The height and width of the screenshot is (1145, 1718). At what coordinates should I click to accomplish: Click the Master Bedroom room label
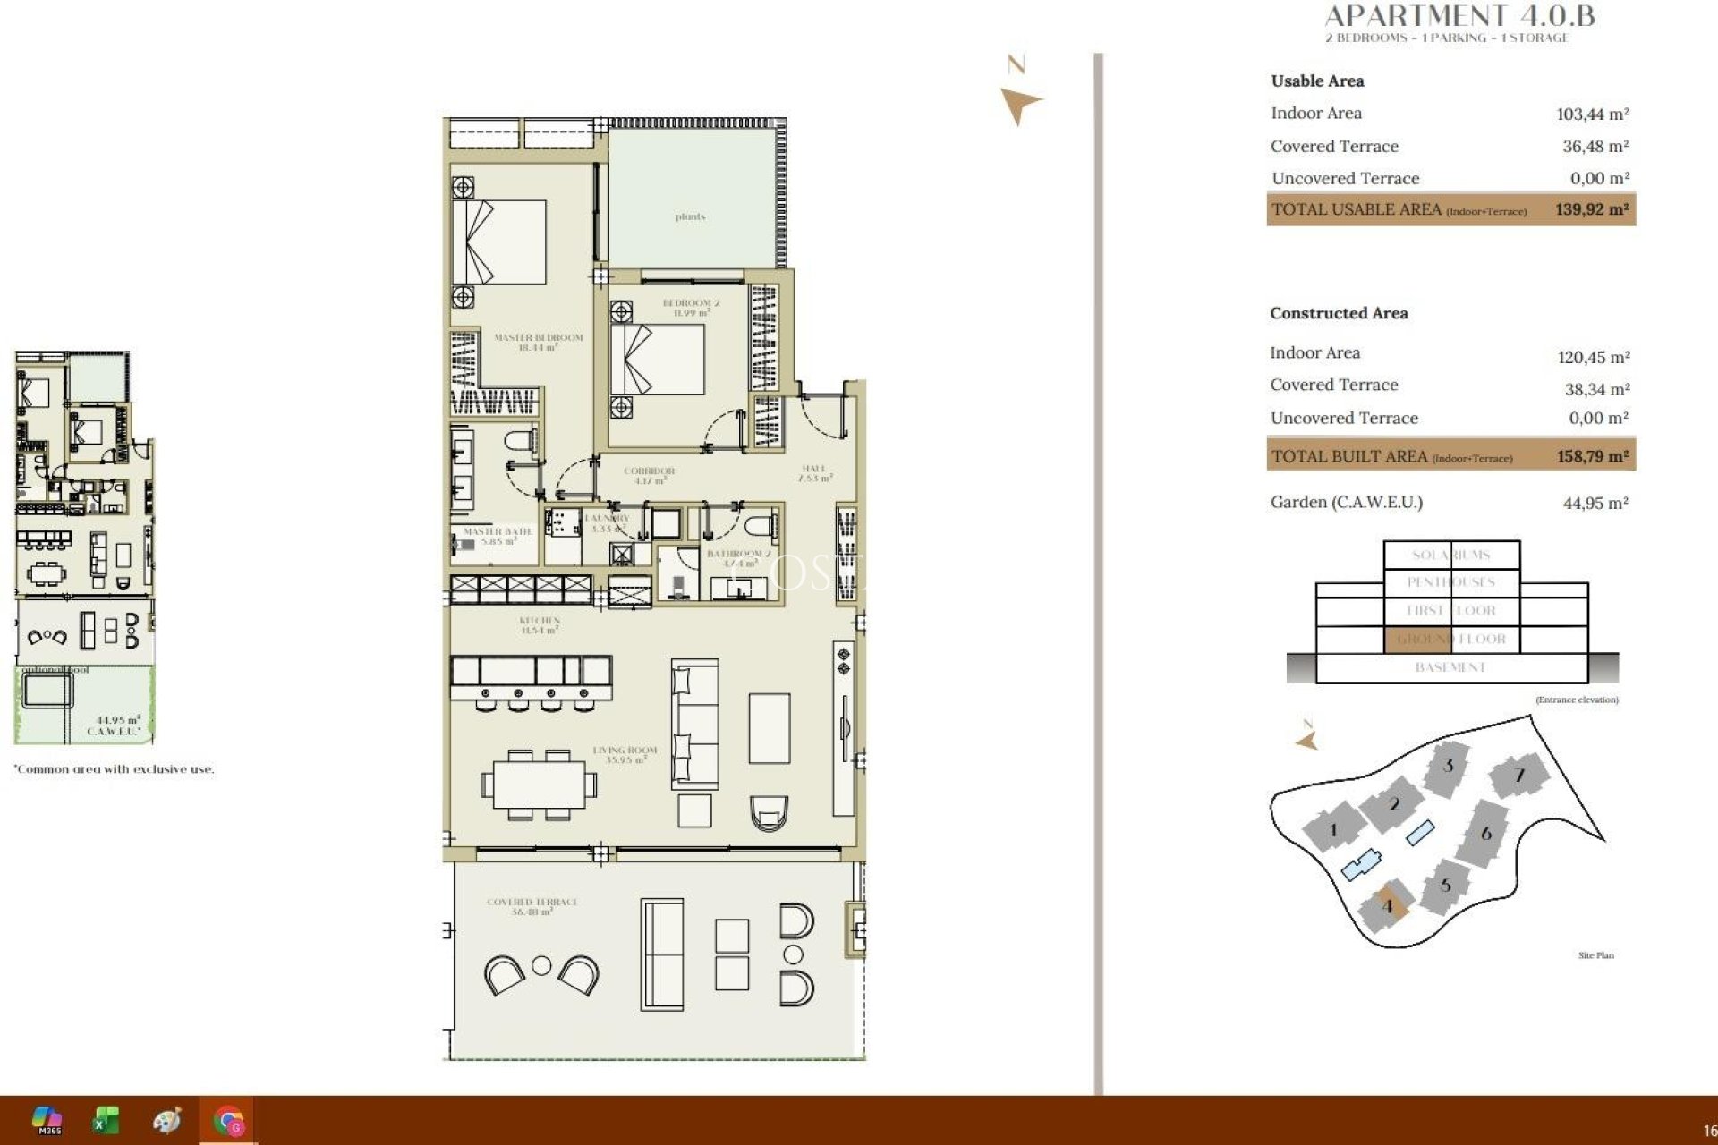[x=538, y=342]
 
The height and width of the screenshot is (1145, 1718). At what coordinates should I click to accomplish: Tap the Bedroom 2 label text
[x=691, y=308]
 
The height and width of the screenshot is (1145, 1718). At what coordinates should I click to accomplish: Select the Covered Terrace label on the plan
[x=532, y=906]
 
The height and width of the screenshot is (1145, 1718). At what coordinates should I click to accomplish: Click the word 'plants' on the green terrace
[x=690, y=216]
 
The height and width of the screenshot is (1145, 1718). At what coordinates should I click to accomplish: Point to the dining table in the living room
[x=539, y=785]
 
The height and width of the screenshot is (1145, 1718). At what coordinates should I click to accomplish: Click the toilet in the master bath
[x=521, y=442]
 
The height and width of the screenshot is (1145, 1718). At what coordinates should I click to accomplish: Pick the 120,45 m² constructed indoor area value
[x=1593, y=357]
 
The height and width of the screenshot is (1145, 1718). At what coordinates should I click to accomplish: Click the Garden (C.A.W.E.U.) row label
[x=1346, y=502]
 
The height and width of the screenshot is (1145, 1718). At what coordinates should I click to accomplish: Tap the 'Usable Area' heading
[x=1317, y=81]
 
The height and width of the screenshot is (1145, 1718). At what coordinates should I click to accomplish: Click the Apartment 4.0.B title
[x=1459, y=16]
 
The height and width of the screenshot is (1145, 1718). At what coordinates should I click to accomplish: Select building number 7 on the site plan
[x=1518, y=775]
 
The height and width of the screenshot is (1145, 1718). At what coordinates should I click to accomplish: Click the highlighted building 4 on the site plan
[x=1388, y=905]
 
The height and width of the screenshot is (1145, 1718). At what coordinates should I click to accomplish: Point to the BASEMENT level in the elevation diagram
[x=1450, y=667]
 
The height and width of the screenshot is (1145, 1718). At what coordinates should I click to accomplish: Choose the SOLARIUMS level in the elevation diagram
[x=1450, y=555]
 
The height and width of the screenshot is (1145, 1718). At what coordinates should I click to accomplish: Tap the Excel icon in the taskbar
[x=106, y=1120]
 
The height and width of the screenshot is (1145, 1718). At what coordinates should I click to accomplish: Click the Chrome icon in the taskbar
[x=228, y=1120]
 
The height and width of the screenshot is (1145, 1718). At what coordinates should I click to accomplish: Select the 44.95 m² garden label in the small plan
[x=117, y=725]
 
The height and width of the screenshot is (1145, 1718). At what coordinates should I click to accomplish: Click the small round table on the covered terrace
[x=541, y=965]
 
